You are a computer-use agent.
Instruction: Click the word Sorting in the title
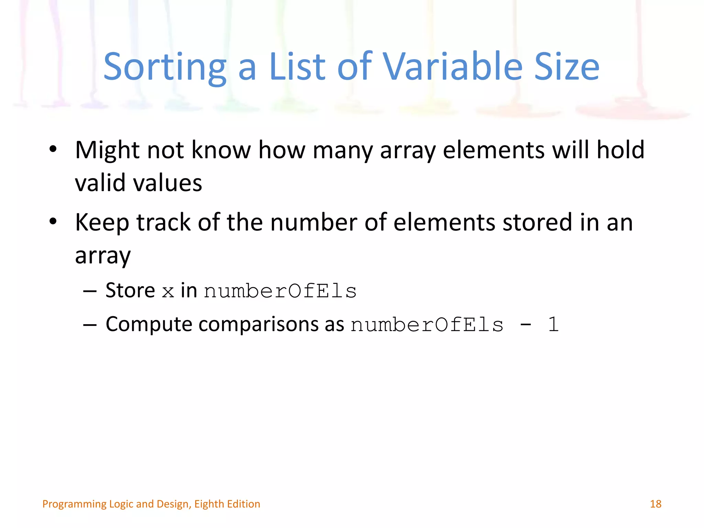click(165, 67)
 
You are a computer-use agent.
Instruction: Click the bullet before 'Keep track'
click(53, 222)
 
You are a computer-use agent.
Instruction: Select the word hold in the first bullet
click(620, 150)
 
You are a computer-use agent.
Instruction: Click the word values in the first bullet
click(167, 183)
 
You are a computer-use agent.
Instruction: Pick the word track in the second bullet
click(164, 222)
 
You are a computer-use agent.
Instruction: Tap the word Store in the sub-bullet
click(130, 290)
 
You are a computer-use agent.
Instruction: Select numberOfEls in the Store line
click(280, 291)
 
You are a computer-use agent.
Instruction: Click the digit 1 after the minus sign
click(553, 324)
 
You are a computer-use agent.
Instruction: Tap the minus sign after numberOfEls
click(526, 324)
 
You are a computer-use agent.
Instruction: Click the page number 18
click(656, 504)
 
